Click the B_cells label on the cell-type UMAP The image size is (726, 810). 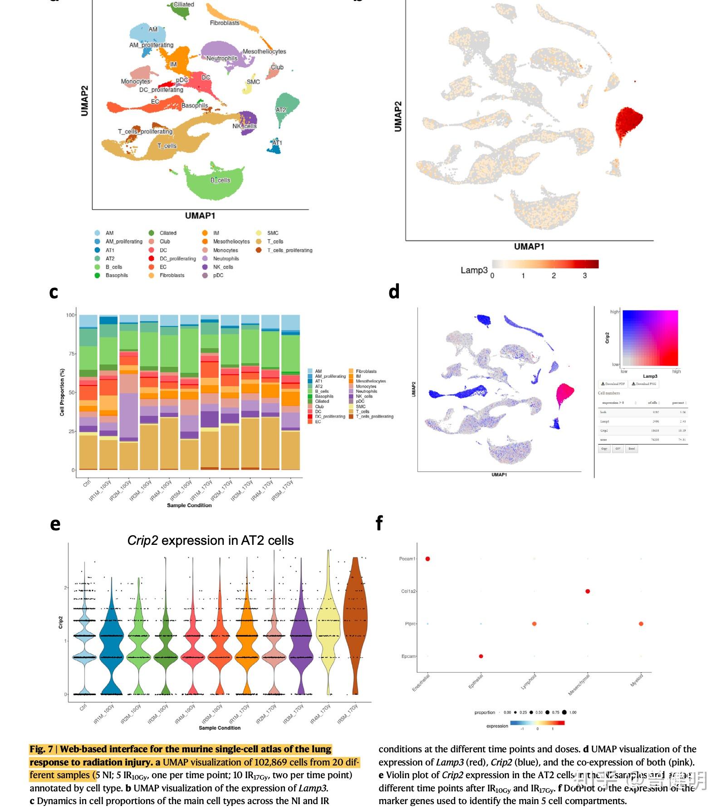click(x=220, y=180)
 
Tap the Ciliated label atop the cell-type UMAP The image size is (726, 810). click(x=184, y=5)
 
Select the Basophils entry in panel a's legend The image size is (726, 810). click(x=117, y=275)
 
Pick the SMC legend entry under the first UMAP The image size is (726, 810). click(x=273, y=233)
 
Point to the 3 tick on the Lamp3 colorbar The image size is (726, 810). click(x=584, y=276)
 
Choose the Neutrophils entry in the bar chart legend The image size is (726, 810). click(x=366, y=391)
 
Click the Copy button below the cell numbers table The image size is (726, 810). click(x=604, y=449)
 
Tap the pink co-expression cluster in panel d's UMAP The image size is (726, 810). click(x=564, y=392)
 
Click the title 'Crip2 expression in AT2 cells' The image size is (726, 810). click(x=210, y=540)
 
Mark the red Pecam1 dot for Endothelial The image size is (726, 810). click(x=427, y=559)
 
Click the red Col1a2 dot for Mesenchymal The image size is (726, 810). click(x=588, y=591)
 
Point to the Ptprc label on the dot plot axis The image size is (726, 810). click(x=410, y=624)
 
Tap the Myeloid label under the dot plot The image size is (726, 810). click(x=637, y=681)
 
